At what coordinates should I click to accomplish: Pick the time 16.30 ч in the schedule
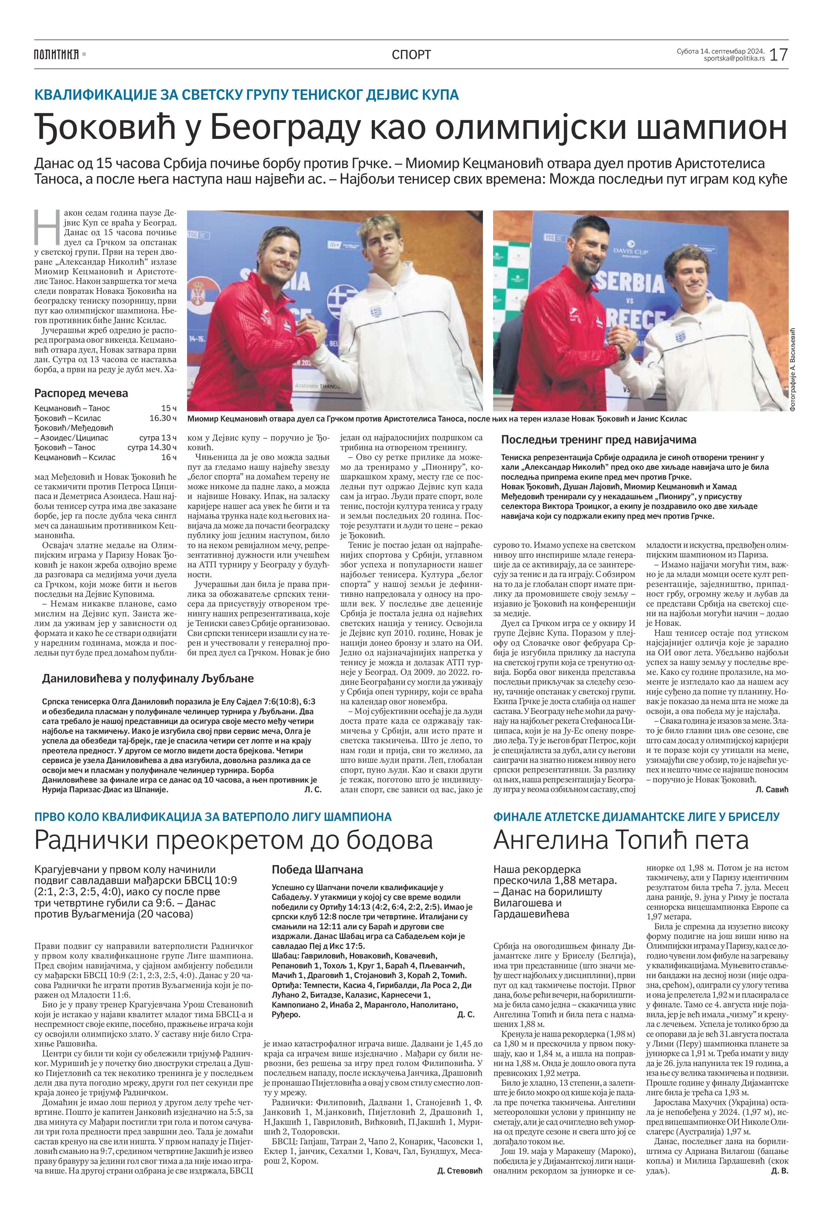pos(163,418)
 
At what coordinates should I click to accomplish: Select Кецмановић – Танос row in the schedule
pos(72,408)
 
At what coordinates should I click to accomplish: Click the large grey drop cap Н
pos(46,227)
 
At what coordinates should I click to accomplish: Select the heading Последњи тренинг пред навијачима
pos(598,440)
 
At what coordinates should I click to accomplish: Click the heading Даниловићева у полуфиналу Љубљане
pos(148,679)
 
